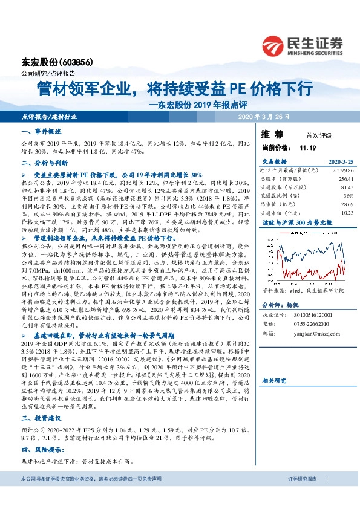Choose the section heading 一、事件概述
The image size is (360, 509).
41,131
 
